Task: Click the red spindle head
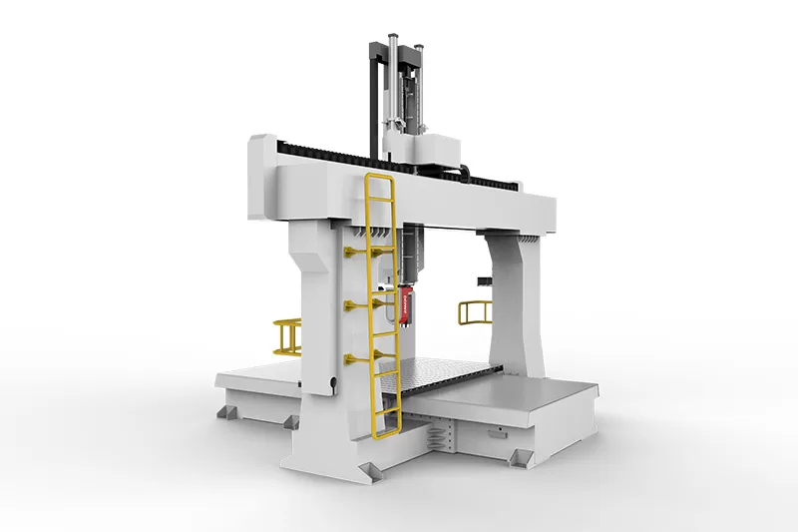coord(407,303)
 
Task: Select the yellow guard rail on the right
coord(472,311)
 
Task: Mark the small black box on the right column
coord(484,281)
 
